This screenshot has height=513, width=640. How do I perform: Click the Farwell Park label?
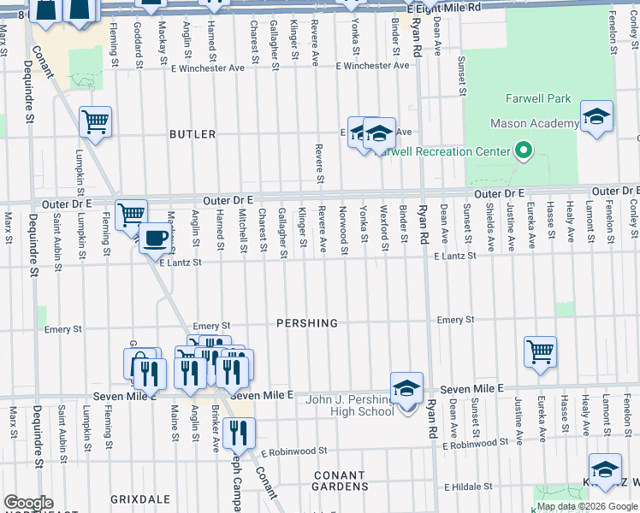537,98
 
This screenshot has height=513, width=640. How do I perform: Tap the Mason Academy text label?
534,124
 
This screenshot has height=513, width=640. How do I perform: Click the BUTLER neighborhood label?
193,135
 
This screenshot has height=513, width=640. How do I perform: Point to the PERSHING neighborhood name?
307,324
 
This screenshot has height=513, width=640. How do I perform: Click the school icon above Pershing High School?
406,388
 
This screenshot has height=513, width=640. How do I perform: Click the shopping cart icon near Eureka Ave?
540,351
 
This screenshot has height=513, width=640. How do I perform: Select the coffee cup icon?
155,239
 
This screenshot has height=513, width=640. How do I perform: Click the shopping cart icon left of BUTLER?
95,121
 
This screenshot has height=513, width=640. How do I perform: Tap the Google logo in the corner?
28,503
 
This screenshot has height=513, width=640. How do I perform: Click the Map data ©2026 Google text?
587,506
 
